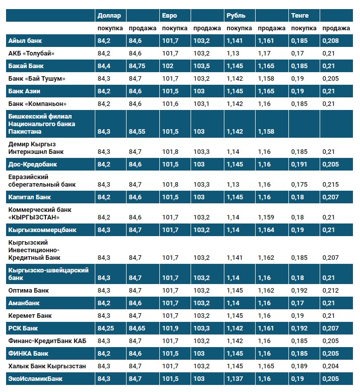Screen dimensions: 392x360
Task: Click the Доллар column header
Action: point(109,16)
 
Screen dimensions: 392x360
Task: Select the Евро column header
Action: point(169,16)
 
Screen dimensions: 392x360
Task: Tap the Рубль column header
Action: point(236,16)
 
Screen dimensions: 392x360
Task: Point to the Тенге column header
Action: point(299,16)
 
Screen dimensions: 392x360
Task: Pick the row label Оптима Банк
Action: point(28,291)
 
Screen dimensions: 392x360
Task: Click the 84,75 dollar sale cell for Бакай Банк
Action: point(138,66)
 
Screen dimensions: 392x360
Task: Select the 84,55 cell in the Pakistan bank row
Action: point(138,131)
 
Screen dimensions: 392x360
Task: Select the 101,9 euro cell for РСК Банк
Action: point(171,328)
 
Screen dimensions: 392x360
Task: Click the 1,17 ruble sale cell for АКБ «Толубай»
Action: point(264,53)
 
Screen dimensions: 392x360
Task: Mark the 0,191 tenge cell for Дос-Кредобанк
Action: point(299,164)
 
